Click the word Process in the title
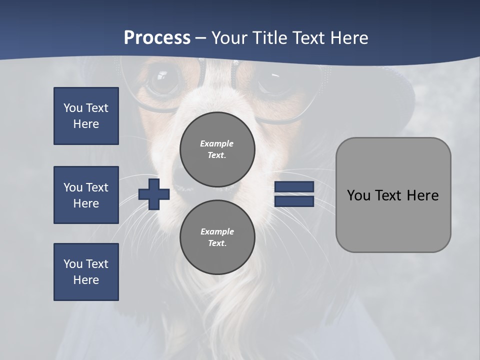[157, 38]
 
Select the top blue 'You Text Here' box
[86, 116]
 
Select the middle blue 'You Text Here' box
[86, 195]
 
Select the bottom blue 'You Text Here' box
[86, 272]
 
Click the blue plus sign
[154, 194]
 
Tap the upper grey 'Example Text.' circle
[217, 149]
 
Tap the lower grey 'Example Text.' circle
[217, 237]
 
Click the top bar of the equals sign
[294, 187]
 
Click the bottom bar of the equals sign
[294, 201]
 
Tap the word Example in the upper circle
[217, 143]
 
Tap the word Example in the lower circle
[217, 231]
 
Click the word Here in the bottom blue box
[86, 280]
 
